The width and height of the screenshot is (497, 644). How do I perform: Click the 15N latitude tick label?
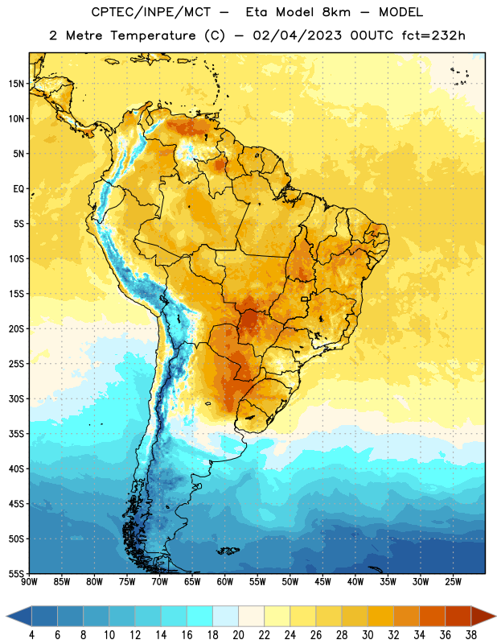(x=16, y=84)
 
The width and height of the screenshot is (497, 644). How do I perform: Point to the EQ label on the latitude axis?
(x=18, y=189)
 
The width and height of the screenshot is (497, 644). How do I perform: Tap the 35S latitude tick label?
(x=16, y=434)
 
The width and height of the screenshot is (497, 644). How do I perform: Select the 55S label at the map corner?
(x=16, y=573)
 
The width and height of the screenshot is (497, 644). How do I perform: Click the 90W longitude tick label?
(x=29, y=582)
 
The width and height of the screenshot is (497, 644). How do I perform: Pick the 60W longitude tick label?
(x=225, y=582)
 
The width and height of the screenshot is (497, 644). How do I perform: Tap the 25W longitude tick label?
(x=453, y=582)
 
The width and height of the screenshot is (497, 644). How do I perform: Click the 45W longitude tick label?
(x=322, y=582)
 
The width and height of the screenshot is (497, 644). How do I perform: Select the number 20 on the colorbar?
(x=238, y=635)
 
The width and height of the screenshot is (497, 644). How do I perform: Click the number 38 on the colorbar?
(x=471, y=635)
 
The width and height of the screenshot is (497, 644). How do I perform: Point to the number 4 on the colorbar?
(x=31, y=635)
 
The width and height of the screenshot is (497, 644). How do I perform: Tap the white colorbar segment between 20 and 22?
(x=251, y=616)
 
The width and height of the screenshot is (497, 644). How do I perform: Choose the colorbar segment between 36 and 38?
(x=458, y=616)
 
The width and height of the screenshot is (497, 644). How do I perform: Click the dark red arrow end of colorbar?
(x=483, y=616)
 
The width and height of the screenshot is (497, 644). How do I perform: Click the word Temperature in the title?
(x=153, y=35)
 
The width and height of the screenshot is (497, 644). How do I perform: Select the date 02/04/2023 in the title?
(x=297, y=35)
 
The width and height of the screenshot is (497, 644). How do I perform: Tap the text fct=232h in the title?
(x=433, y=35)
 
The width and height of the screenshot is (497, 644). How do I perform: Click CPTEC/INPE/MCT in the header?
(x=151, y=12)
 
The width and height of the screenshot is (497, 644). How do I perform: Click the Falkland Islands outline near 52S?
(x=228, y=551)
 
